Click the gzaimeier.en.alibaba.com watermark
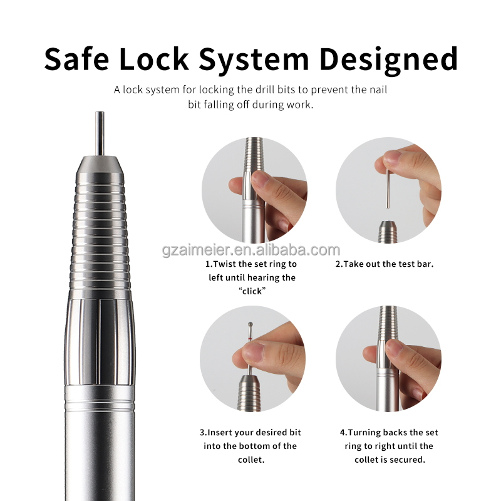pyautogui.click(x=250, y=250)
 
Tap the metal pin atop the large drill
pyautogui.click(x=100, y=133)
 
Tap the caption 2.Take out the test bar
pyautogui.click(x=385, y=264)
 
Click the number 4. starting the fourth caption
pyautogui.click(x=343, y=433)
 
